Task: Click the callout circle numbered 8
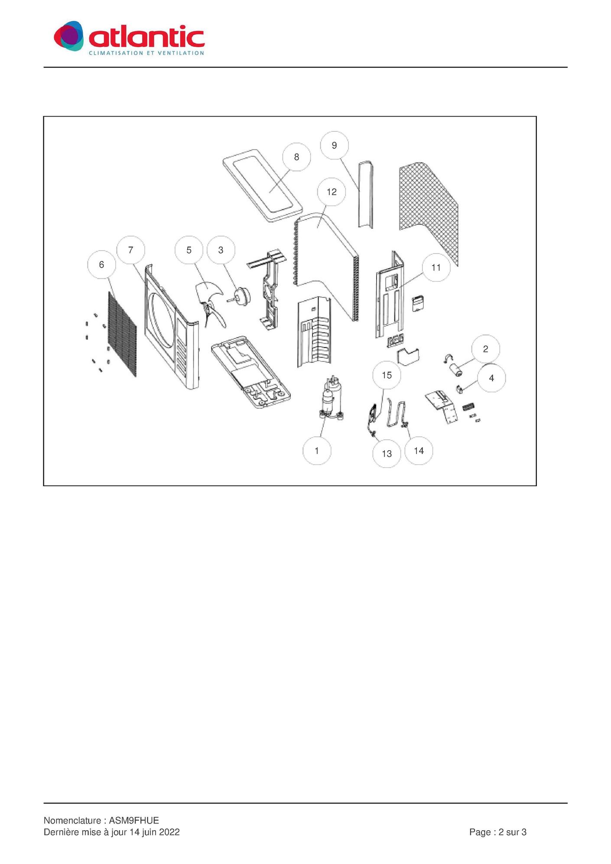296,157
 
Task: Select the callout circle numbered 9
334,145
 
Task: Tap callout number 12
331,192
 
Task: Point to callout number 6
101,264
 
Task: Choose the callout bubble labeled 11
436,267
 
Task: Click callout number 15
387,375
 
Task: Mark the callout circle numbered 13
387,453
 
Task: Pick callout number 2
485,349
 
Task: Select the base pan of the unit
250,373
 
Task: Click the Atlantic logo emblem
68,36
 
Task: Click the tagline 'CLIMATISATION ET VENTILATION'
146,53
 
